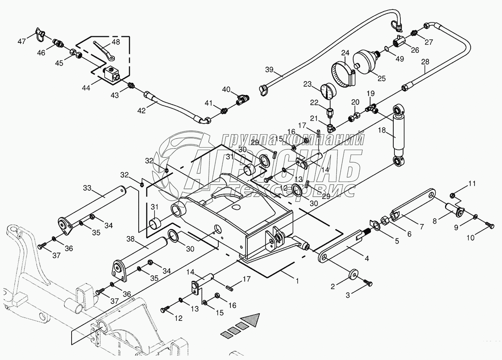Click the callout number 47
tap(22, 41)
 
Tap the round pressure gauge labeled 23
tap(328, 92)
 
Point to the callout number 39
tap(269, 70)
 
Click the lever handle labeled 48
tap(104, 54)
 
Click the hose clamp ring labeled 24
tap(343, 74)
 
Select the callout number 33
tap(87, 188)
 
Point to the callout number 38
tap(130, 239)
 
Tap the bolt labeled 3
tap(367, 283)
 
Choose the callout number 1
tap(297, 281)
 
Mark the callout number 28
tap(425, 62)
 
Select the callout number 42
tap(141, 110)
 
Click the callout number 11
tap(472, 184)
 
